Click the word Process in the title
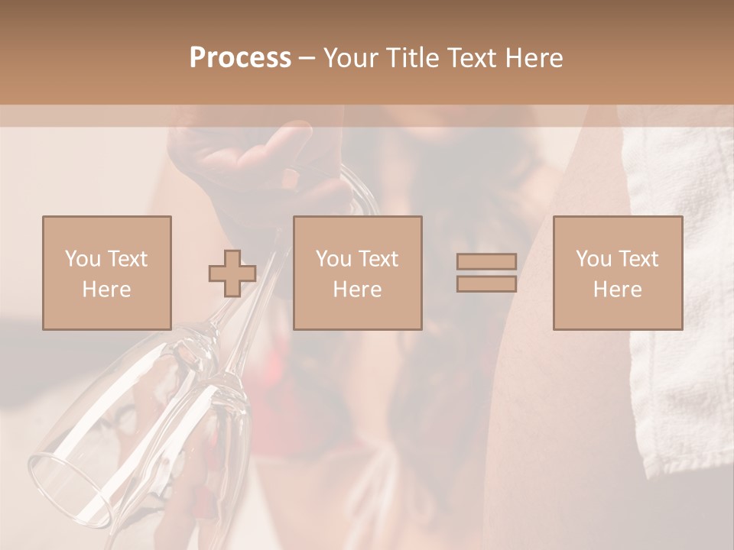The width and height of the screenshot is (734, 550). coord(240,58)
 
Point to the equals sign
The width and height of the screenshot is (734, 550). coord(486,273)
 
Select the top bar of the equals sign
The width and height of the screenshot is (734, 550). coord(486,262)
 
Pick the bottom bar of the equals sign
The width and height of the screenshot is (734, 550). coord(486,283)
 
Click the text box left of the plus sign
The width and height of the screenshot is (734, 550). coord(107,273)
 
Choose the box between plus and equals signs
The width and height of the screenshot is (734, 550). coord(358,273)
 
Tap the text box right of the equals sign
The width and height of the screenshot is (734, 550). coord(618,273)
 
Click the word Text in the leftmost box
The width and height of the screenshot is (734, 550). coord(127,259)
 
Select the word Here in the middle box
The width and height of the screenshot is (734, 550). coord(358,290)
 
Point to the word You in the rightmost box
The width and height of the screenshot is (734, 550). coord(593,259)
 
